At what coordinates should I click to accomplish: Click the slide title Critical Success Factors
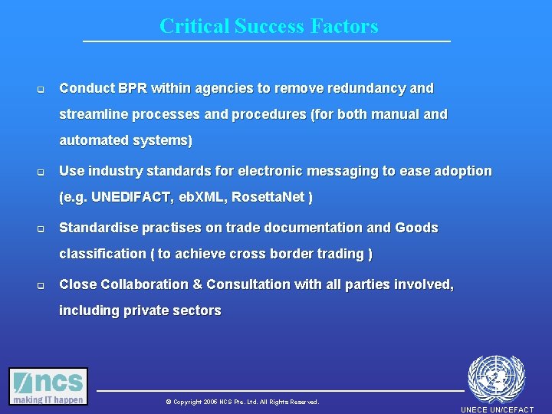tap(268, 26)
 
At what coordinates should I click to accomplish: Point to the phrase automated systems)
tap(126, 140)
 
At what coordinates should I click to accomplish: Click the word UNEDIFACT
tap(133, 197)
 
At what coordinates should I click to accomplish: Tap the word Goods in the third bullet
tap(416, 228)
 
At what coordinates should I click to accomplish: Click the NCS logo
tap(48, 386)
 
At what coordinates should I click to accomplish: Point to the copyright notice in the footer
tap(242, 402)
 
